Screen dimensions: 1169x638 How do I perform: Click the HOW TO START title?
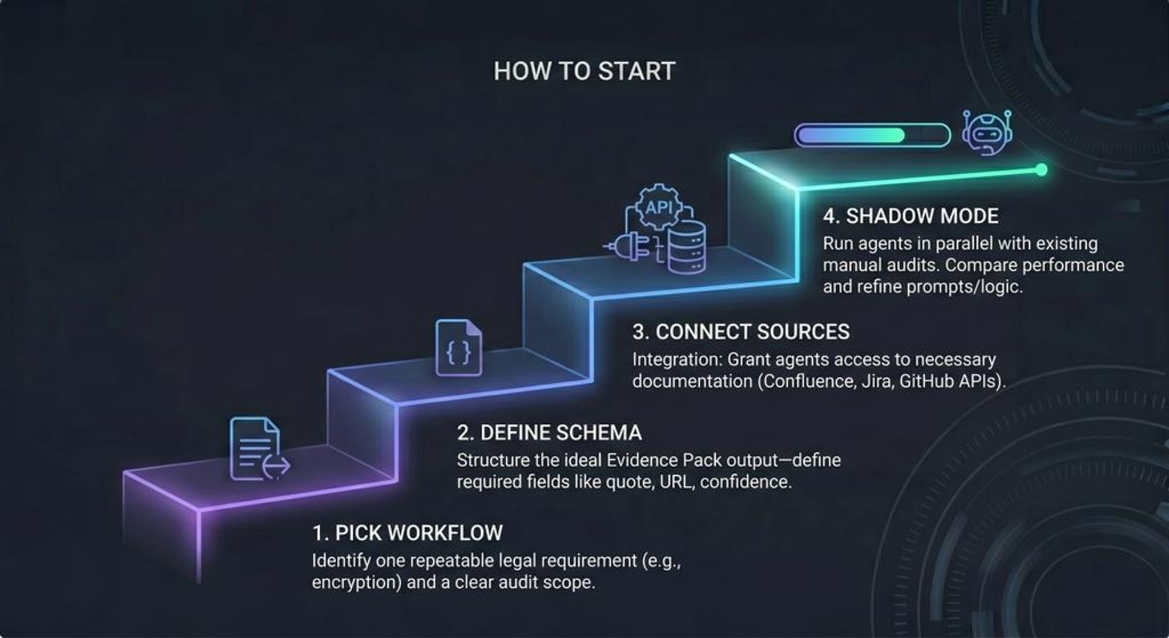[584, 71]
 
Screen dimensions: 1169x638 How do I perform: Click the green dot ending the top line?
[1041, 170]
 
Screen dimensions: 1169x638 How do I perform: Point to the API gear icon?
[659, 207]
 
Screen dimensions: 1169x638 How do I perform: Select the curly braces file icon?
[458, 348]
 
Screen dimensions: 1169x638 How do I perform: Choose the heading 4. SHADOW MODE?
[910, 216]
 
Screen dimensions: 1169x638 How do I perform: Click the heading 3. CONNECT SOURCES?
[741, 332]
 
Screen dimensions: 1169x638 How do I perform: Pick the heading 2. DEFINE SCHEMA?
[549, 433]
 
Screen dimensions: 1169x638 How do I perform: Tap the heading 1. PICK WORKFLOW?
[407, 533]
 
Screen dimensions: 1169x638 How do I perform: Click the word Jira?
[877, 381]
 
